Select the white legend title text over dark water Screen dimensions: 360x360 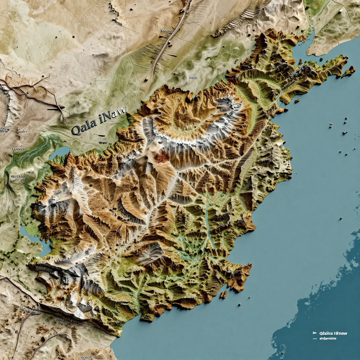pyautogui.click(x=333, y=333)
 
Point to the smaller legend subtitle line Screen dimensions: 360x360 pyautogui.click(x=328, y=339)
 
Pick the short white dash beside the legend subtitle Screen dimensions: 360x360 pyautogui.click(x=315, y=339)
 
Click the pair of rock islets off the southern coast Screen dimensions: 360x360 pyautogui.click(x=223, y=294)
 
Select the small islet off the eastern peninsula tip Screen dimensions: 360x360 pyautogui.click(x=349, y=71)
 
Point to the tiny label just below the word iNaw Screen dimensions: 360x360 pyautogui.click(x=103, y=142)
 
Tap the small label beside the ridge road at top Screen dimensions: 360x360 pyautogui.click(x=165, y=31)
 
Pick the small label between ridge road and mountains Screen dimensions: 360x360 pyautogui.click(x=193, y=78)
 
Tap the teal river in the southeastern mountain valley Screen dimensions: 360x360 pyautogui.click(x=208, y=225)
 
